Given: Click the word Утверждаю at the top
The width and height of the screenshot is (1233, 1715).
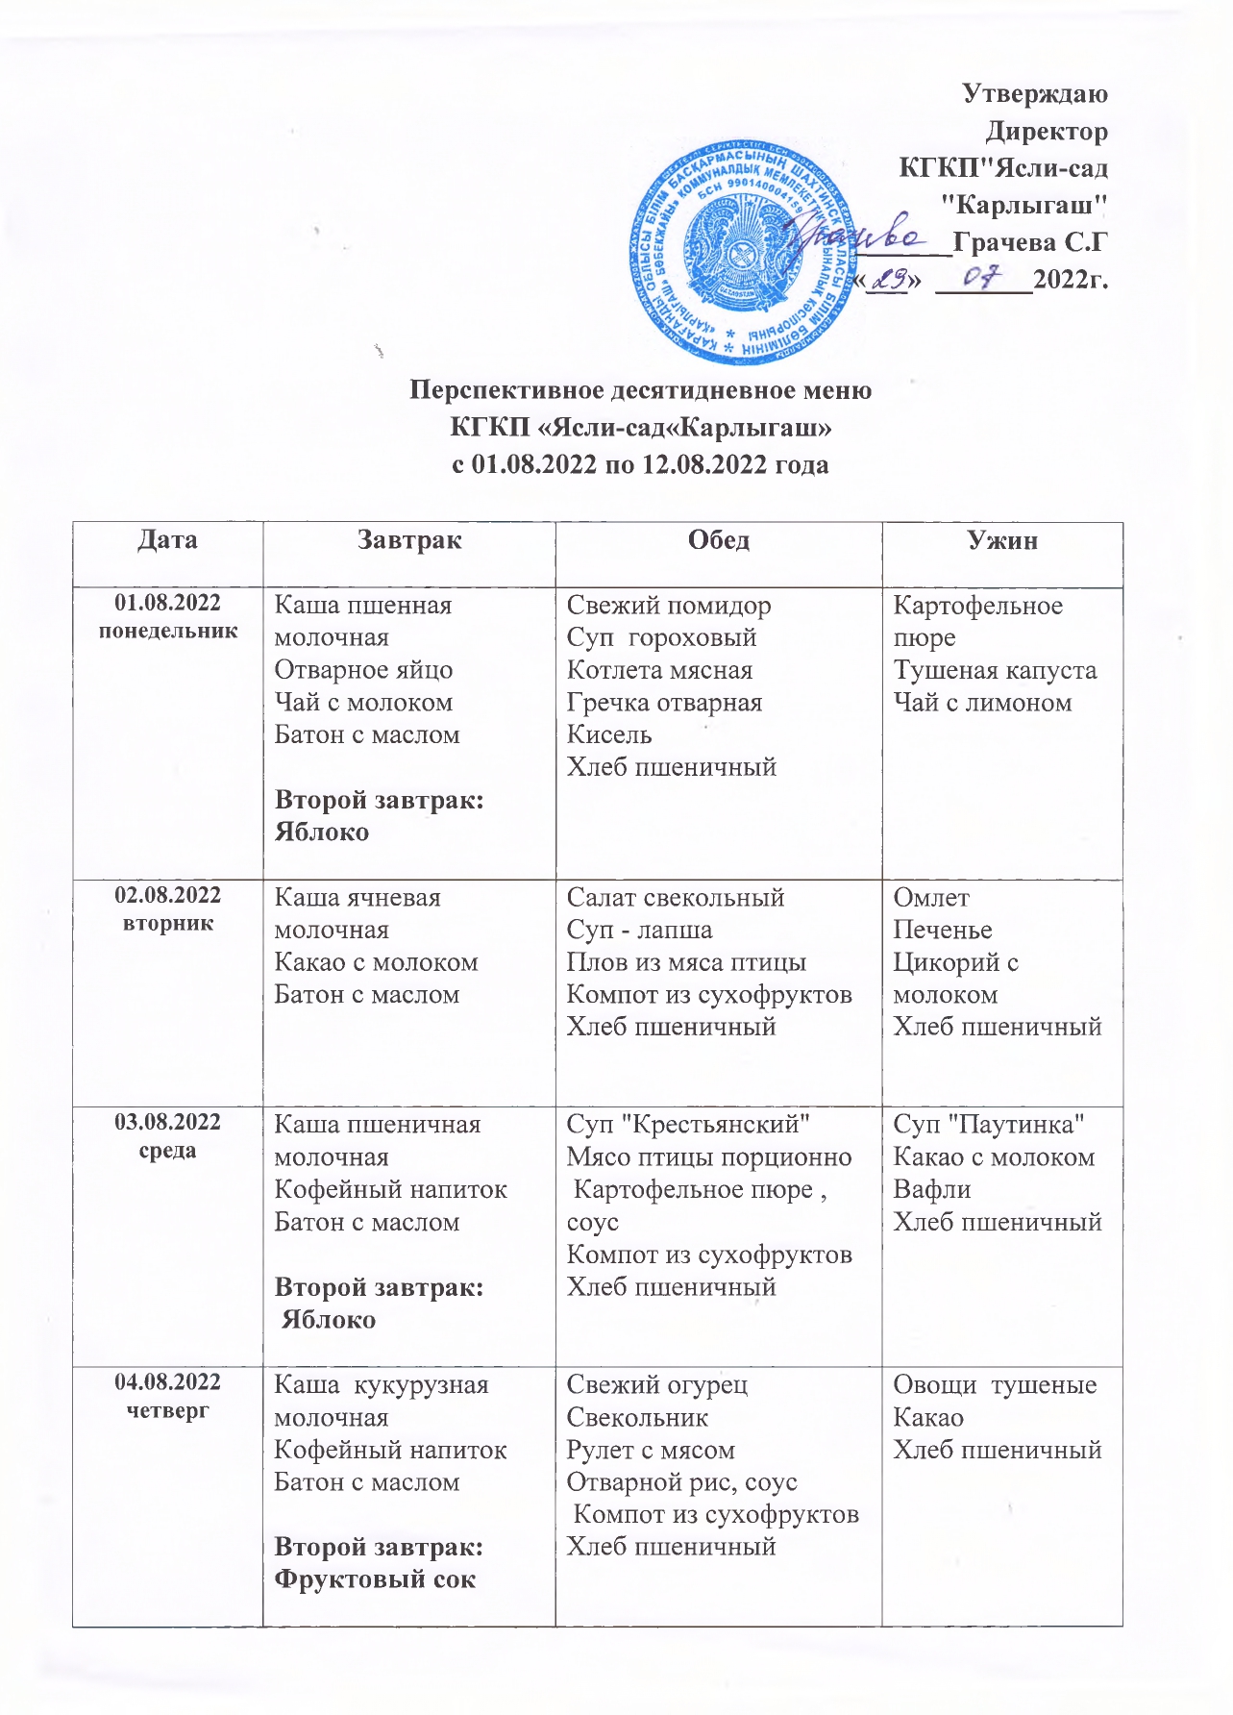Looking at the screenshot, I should point(1034,94).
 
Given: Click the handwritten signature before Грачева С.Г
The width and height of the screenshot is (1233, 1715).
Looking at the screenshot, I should point(855,235).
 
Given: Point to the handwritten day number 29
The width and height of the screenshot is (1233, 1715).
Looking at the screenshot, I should point(890,279).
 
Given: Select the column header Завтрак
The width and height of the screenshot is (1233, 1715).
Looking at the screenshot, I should point(409,540).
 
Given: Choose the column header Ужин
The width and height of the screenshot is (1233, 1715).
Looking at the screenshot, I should point(1002,540).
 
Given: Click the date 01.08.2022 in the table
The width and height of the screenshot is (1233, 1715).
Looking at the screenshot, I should point(168,604).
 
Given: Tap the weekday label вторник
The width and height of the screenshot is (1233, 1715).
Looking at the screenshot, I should point(168,923).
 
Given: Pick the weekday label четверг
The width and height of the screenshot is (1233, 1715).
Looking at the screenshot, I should point(168,1410).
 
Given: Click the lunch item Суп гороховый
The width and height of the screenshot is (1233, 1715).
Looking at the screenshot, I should point(661,638).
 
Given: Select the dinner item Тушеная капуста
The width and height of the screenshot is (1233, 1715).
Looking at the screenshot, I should point(995,670).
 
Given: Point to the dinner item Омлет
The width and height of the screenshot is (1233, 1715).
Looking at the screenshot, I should point(931,898).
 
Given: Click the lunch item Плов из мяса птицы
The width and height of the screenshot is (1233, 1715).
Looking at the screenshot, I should point(686,962).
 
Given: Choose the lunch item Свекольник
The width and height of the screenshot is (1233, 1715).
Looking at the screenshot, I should point(637,1418).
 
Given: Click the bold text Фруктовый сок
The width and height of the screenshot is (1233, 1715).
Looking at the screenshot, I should point(375,1579).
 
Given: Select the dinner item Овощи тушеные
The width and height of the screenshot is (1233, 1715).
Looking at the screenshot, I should point(995,1385).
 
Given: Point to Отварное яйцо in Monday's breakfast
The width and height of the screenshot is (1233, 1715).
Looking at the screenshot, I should point(363,670).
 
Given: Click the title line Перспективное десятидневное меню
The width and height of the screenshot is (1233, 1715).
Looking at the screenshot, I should point(641,390).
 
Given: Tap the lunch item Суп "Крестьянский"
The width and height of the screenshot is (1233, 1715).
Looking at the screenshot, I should point(688,1125).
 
